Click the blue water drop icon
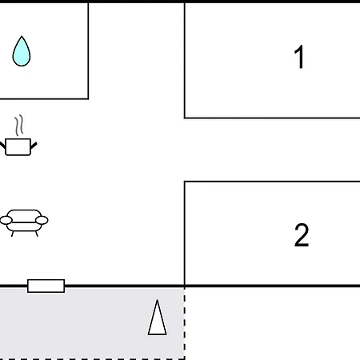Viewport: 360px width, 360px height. [22, 51]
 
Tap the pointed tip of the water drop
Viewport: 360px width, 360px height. [22, 36]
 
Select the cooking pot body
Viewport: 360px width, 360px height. [18, 147]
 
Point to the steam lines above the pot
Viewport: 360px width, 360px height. [19, 126]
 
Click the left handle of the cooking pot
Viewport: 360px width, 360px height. [2, 146]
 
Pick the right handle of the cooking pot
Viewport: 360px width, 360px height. [34, 146]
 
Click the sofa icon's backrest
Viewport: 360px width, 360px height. [24, 215]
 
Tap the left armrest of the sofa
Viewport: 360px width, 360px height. [6, 220]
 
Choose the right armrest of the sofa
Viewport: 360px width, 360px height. [42, 220]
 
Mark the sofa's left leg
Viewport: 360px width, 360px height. [13, 234]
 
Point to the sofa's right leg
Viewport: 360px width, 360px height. [37, 234]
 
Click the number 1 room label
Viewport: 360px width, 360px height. [299, 57]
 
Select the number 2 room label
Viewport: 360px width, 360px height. [302, 235]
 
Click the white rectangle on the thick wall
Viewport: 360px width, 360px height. [46, 286]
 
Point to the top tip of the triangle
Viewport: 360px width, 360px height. [158, 300]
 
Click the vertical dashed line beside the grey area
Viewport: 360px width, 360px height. [185, 323]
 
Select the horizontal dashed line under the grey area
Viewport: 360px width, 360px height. [92, 359]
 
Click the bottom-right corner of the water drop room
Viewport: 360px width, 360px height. [88, 99]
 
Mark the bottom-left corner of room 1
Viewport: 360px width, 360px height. [185, 118]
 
